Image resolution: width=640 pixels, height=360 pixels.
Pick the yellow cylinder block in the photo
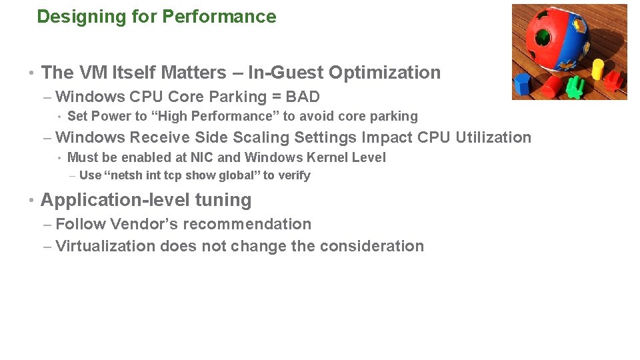(597, 67)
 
